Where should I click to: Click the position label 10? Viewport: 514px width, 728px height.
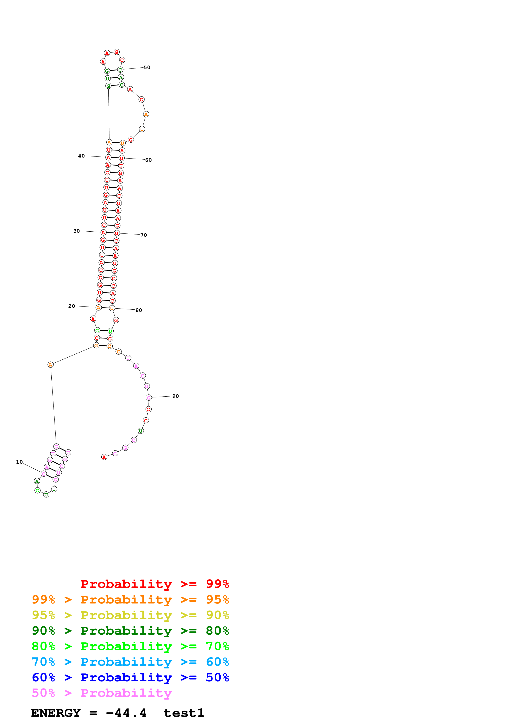click(19, 462)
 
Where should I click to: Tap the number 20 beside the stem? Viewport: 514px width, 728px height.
click(72, 306)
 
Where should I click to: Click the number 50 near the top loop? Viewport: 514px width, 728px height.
click(147, 67)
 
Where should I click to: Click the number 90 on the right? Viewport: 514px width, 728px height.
click(175, 396)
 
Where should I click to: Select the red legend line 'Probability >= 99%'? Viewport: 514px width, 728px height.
click(154, 584)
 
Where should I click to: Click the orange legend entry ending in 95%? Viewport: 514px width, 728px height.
click(130, 600)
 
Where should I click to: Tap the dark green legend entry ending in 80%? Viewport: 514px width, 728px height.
click(130, 631)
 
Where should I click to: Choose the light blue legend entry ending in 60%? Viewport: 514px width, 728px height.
click(130, 662)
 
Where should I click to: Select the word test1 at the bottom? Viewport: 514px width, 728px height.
click(184, 713)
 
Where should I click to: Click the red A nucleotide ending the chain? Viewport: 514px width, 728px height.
click(104, 457)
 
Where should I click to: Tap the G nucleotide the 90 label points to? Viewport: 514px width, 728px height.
click(149, 398)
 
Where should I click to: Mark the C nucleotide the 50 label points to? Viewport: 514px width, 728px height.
click(120, 70)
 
